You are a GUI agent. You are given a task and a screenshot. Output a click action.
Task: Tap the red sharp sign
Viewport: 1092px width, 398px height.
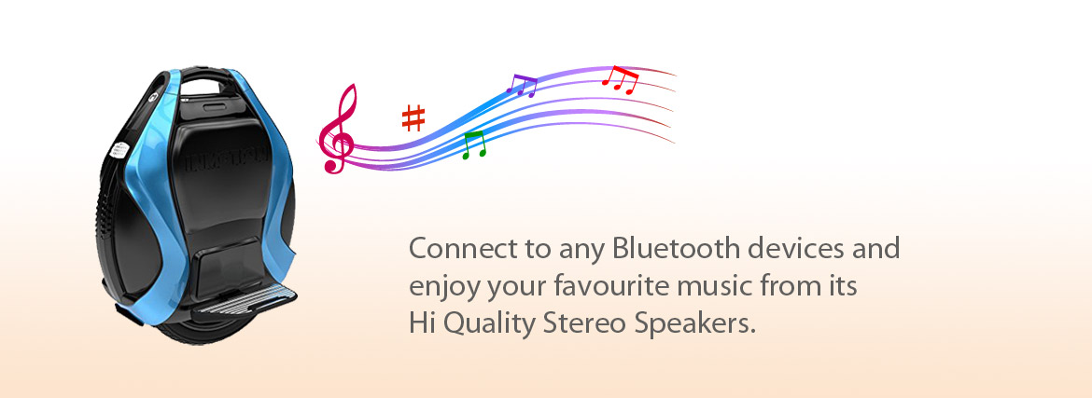point(413,118)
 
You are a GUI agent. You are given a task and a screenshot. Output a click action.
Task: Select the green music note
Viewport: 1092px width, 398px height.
point(473,144)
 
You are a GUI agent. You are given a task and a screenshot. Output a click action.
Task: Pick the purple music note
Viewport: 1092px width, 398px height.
point(522,85)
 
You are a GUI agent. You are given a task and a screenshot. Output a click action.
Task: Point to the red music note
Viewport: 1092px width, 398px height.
point(620,79)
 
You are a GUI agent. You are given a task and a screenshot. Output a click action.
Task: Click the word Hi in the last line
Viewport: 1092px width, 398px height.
point(421,323)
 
